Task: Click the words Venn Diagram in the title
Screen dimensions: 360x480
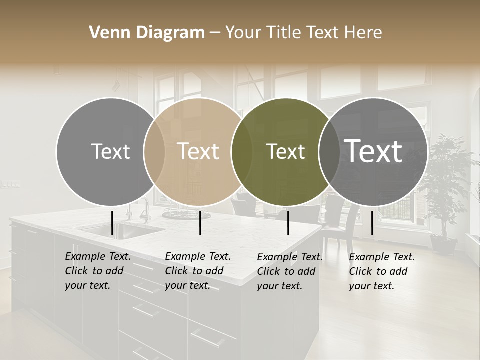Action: pyautogui.click(x=147, y=33)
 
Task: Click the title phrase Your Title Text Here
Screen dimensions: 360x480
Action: pyautogui.click(x=303, y=33)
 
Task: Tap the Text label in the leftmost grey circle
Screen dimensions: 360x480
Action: pyautogui.click(x=110, y=151)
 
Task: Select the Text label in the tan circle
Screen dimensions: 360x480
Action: pyautogui.click(x=198, y=151)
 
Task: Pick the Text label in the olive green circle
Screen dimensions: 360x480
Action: pyautogui.click(x=285, y=151)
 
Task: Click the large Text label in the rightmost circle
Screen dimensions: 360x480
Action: pyautogui.click(x=373, y=151)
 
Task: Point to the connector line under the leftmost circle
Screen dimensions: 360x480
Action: pyautogui.click(x=112, y=223)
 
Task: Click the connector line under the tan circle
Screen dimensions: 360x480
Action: pyautogui.click(x=200, y=223)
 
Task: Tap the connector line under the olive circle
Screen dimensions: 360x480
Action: pyautogui.click(x=288, y=223)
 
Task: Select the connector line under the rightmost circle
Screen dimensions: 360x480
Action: pyautogui.click(x=372, y=223)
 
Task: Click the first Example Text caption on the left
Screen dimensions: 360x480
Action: pyautogui.click(x=98, y=271)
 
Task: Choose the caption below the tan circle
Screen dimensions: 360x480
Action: pyautogui.click(x=198, y=271)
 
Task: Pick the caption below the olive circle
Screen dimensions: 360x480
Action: pyautogui.click(x=290, y=271)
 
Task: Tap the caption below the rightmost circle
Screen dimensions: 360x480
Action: pyautogui.click(x=382, y=271)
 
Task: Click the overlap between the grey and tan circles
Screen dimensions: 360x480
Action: pyautogui.click(x=154, y=152)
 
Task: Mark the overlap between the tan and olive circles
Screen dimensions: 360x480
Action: pyautogui.click(x=242, y=152)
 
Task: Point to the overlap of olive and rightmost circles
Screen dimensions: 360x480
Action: pyautogui.click(x=329, y=152)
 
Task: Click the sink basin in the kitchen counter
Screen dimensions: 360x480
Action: pyautogui.click(x=123, y=230)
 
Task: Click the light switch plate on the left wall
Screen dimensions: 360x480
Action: pyautogui.click(x=10, y=184)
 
